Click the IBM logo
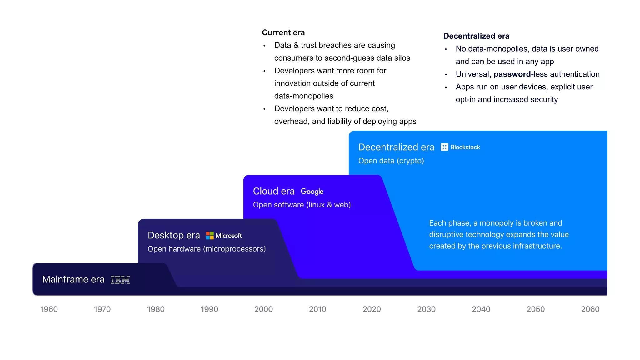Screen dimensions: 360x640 point(120,280)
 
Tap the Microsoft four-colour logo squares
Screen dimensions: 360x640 point(210,236)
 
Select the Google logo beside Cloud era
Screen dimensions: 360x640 point(312,192)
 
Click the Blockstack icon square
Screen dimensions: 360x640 point(444,147)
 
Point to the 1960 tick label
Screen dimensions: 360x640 point(49,309)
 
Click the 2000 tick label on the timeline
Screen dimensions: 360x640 point(263,309)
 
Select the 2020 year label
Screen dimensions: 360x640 point(372,309)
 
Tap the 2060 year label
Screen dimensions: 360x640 point(590,309)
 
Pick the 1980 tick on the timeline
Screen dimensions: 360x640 point(156,309)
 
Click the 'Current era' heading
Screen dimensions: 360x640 point(283,32)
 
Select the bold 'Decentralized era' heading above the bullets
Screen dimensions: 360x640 point(476,36)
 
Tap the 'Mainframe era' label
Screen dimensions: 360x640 point(73,279)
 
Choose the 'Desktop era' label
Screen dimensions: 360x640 point(174,235)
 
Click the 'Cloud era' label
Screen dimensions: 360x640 point(274,191)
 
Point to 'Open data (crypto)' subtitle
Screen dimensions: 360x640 point(391,161)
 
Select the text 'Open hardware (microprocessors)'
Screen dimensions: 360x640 point(207,249)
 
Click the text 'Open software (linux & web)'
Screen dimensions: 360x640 point(302,205)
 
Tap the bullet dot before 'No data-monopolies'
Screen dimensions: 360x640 point(446,49)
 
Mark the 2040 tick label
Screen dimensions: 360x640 point(481,309)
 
